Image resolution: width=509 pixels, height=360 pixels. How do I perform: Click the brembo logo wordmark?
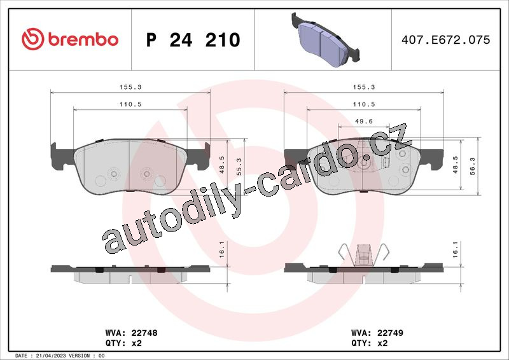[83, 39]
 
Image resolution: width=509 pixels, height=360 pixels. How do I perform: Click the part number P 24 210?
[193, 40]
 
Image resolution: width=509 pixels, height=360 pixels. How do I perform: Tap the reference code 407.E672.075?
[446, 39]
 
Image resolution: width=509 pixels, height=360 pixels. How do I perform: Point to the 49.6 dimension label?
[364, 121]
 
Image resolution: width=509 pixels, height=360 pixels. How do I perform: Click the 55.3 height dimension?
[239, 167]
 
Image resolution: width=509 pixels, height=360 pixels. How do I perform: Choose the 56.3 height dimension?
[472, 166]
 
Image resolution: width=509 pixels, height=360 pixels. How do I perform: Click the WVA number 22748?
[144, 333]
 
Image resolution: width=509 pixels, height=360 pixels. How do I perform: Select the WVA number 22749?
[390, 333]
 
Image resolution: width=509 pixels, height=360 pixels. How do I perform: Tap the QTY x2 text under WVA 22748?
[123, 343]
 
